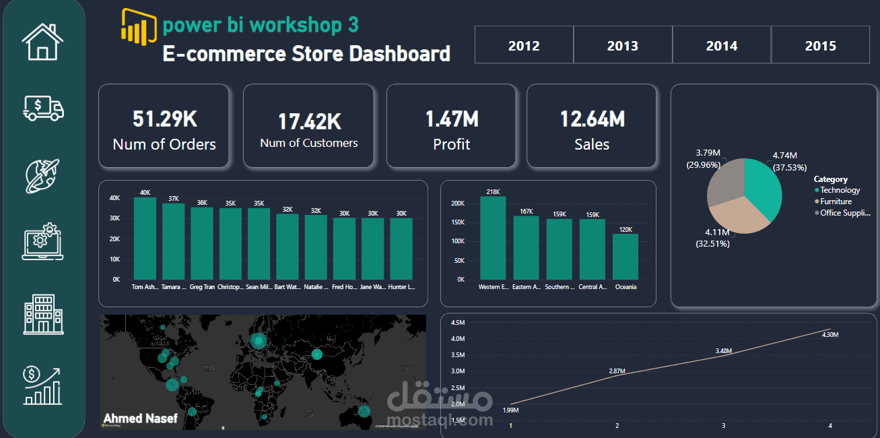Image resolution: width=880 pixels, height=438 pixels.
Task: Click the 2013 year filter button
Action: pyautogui.click(x=623, y=46)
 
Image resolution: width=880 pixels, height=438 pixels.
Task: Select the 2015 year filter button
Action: pyautogui.click(x=820, y=46)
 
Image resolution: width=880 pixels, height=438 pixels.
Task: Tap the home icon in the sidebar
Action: pyautogui.click(x=43, y=42)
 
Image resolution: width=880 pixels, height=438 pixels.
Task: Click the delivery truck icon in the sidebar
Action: pyautogui.click(x=43, y=108)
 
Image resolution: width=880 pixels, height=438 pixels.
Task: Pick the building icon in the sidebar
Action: pyautogui.click(x=43, y=313)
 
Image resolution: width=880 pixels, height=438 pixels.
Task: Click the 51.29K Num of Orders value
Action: pyautogui.click(x=164, y=119)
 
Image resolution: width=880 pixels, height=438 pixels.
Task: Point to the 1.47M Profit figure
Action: pyautogui.click(x=452, y=119)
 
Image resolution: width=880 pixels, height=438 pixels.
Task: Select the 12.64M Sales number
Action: pyautogui.click(x=592, y=119)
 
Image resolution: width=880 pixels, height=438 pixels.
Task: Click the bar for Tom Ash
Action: pyautogui.click(x=145, y=239)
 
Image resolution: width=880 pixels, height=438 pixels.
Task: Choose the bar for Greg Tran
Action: pyautogui.click(x=201, y=243)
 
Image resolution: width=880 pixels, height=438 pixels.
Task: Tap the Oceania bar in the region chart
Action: pyautogui.click(x=625, y=257)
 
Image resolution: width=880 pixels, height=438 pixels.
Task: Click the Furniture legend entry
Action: pyautogui.click(x=836, y=201)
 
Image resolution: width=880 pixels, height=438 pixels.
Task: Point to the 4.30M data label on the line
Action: pyautogui.click(x=830, y=335)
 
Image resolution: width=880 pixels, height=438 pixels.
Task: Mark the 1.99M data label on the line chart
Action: pyautogui.click(x=510, y=410)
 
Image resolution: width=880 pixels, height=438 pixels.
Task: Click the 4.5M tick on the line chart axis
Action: pyautogui.click(x=457, y=322)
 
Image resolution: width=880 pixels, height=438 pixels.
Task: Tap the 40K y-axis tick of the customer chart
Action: pyautogui.click(x=114, y=198)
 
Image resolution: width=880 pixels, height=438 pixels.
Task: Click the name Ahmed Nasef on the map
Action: pyautogui.click(x=141, y=418)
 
